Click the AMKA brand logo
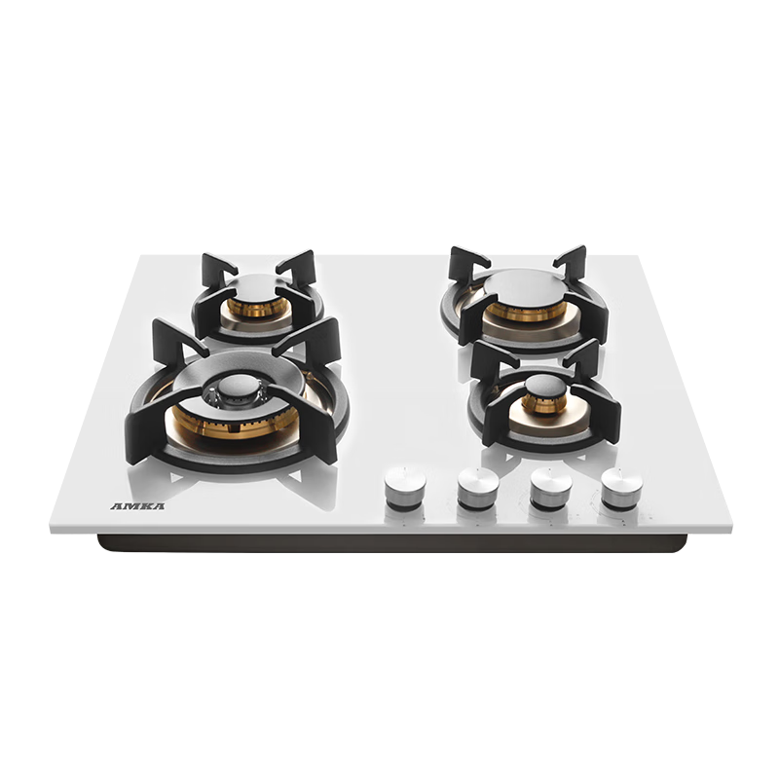point(137,506)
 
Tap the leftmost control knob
point(405,488)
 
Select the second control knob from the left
point(478,488)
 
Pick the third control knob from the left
point(550,488)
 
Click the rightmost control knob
point(621,488)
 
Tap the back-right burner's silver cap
point(525,285)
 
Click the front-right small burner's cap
point(546,386)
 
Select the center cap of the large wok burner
point(240,387)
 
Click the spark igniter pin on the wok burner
point(212,396)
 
